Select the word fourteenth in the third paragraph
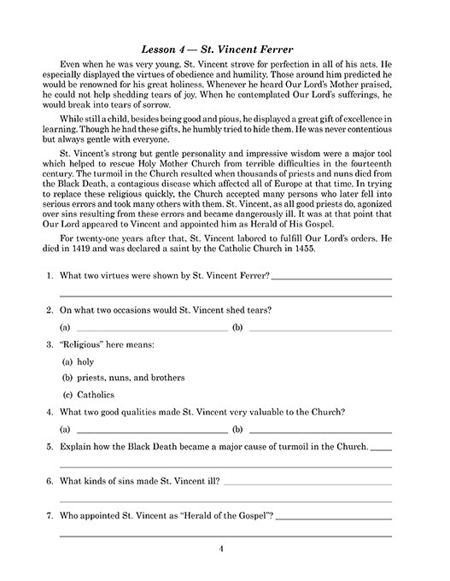point(368,167)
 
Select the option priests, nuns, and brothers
point(128,378)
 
